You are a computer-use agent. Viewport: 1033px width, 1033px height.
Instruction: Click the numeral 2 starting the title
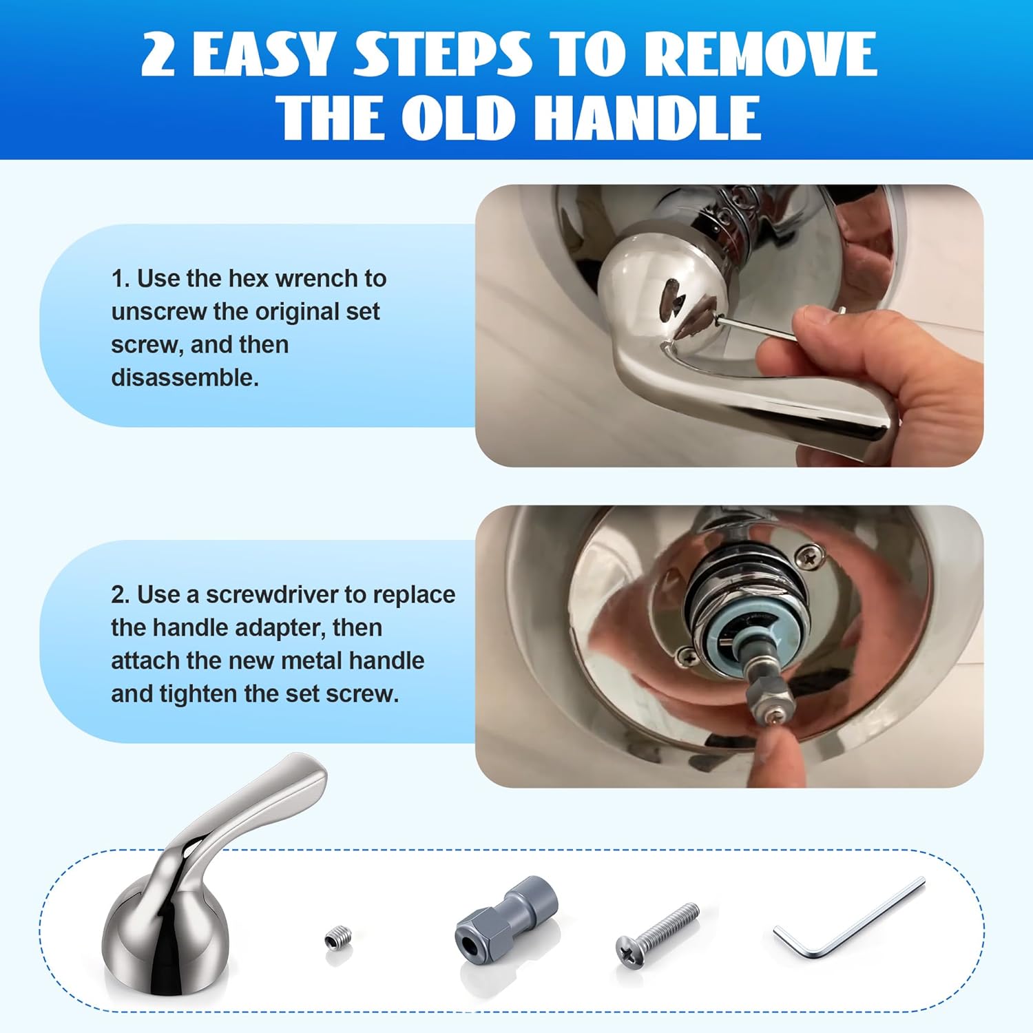pos(158,55)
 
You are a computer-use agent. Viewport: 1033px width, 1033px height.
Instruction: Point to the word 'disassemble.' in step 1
pos(185,378)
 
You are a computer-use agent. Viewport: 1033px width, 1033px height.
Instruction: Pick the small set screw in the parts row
pos(338,939)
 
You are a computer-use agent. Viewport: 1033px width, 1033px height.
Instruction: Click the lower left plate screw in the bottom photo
pos(687,656)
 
